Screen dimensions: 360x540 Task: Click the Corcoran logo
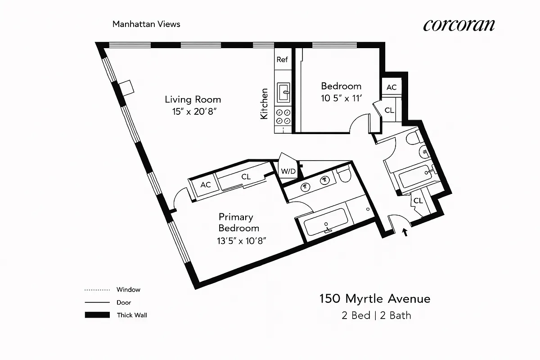click(459, 25)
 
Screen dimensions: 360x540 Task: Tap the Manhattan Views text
click(146, 24)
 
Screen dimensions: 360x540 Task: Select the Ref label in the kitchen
click(282, 59)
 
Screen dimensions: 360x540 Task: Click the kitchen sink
click(283, 93)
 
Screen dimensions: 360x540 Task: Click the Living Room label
click(193, 99)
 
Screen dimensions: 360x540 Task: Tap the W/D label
click(288, 171)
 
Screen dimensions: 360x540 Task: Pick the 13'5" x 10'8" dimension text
click(242, 241)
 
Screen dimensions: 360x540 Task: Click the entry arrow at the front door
click(405, 233)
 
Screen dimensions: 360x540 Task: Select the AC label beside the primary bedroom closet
click(206, 185)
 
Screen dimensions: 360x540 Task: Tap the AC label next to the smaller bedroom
click(391, 87)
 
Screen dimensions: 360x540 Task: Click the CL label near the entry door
click(418, 201)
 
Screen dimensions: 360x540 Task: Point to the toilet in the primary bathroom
click(344, 175)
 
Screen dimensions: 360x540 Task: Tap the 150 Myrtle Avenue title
click(375, 299)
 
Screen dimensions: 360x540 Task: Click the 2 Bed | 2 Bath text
click(376, 315)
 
